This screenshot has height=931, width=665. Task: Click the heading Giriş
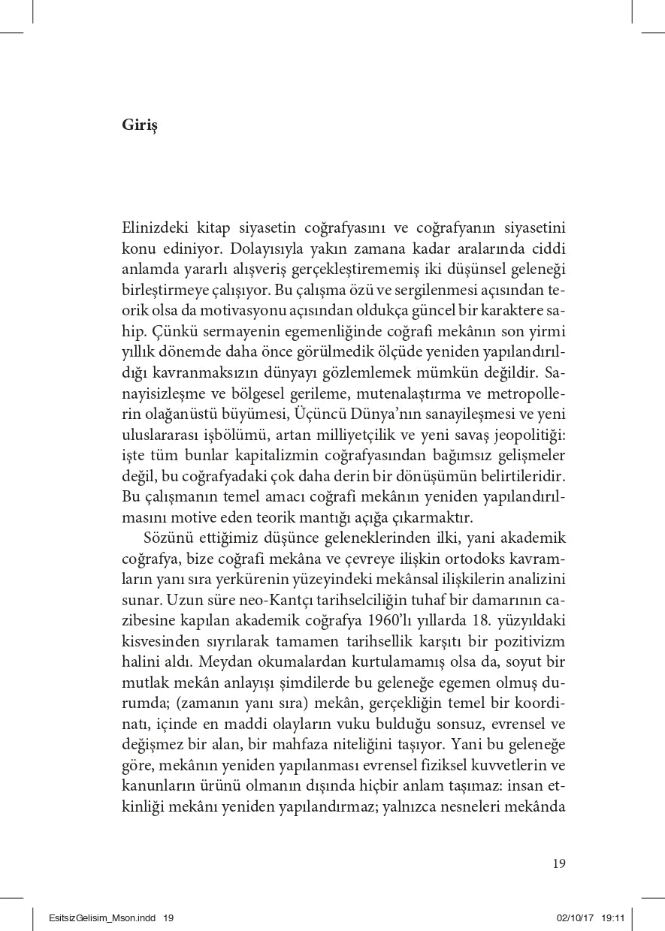[140, 126]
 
